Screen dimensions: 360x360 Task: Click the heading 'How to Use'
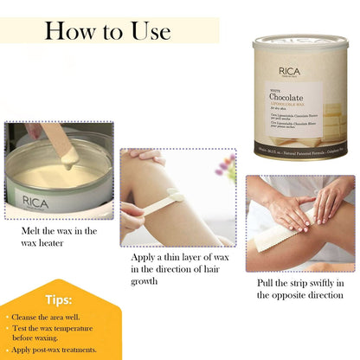[x=108, y=31]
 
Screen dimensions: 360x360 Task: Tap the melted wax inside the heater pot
[x=61, y=173]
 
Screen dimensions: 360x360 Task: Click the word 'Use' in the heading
[x=144, y=31]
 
